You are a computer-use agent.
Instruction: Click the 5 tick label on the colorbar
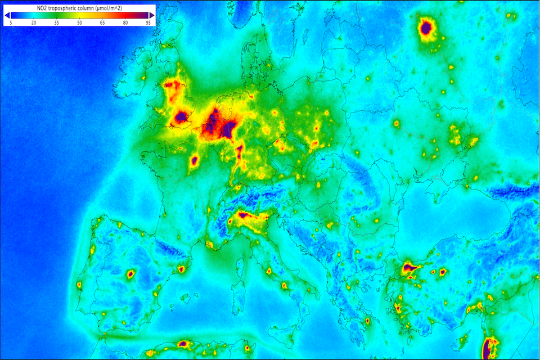coord(11,22)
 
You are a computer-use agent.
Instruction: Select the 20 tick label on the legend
coord(34,22)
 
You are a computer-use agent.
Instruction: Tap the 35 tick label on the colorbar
coord(57,22)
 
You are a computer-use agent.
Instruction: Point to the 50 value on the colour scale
coord(79,22)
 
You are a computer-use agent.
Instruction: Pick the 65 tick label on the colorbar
coord(102,22)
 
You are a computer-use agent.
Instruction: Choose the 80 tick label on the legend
coord(125,22)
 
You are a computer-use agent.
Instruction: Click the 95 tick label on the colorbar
coord(147,22)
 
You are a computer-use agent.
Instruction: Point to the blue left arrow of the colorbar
coord(6,15)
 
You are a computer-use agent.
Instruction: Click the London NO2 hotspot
coord(181,117)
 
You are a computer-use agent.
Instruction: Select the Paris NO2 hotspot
coord(195,161)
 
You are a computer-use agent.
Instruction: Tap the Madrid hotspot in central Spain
coord(130,274)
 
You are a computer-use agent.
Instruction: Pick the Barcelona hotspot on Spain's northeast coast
coord(181,269)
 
